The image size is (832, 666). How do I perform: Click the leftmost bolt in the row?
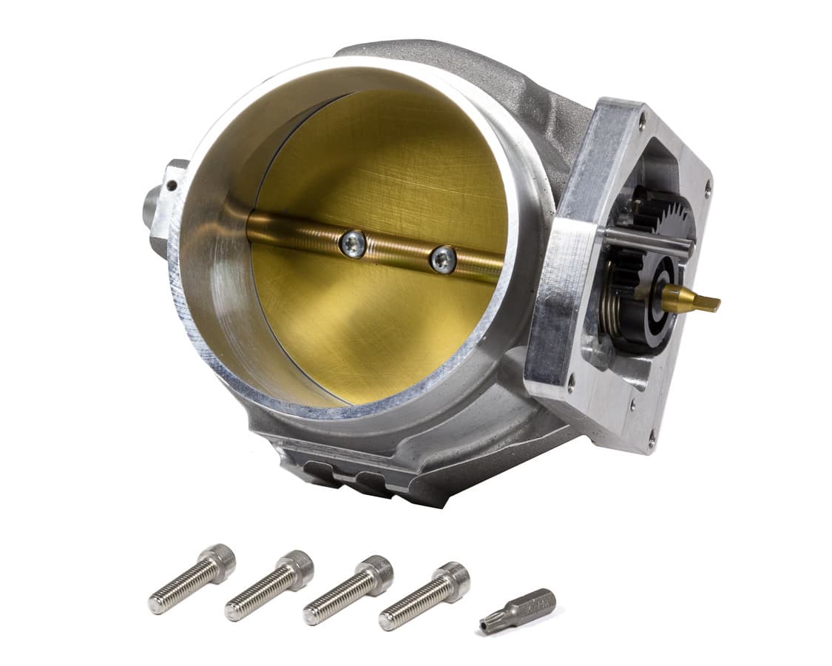tap(192, 579)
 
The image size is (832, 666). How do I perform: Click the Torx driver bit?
tap(518, 608)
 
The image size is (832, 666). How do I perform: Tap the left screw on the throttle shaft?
tap(354, 244)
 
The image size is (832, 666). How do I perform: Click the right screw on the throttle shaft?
tap(442, 260)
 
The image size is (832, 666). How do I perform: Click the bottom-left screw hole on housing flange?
tap(570, 383)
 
